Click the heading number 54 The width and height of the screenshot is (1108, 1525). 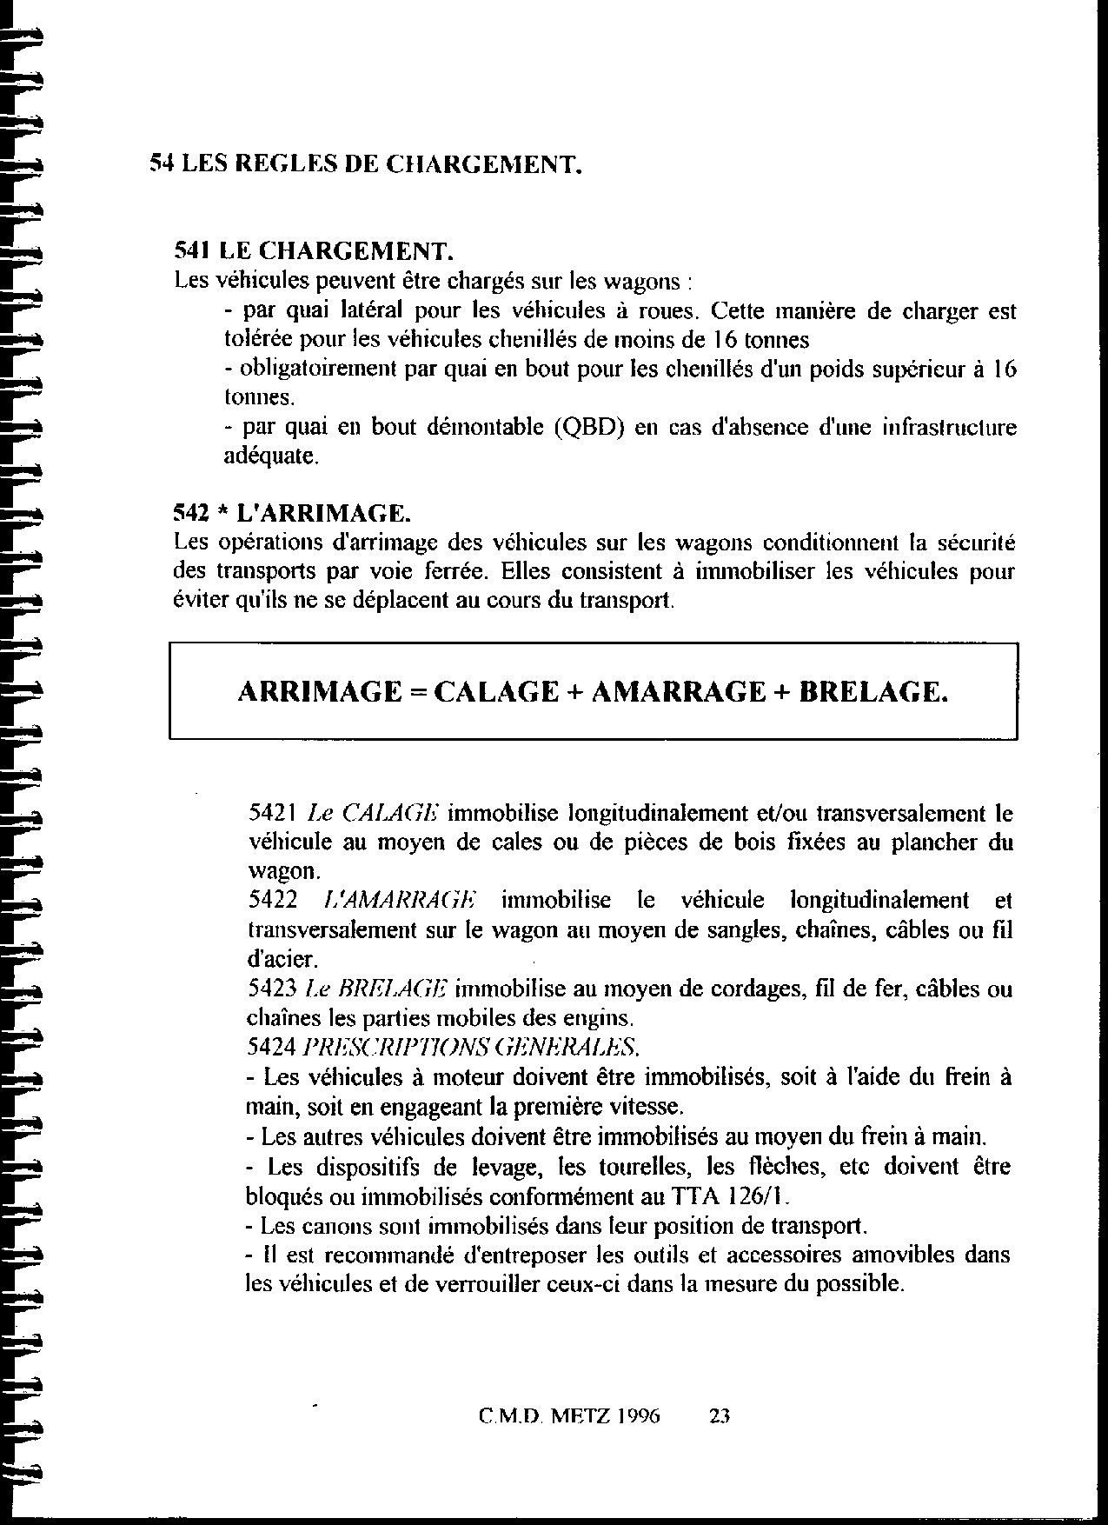coord(162,163)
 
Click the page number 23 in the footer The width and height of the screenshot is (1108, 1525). coord(719,1416)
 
